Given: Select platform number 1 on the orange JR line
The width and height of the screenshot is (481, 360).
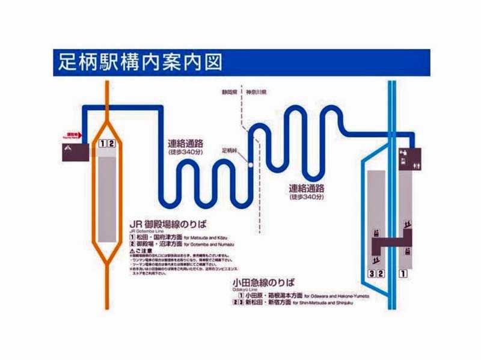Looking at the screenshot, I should click(x=103, y=143).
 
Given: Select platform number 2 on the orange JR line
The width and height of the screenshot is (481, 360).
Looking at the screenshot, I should click(x=111, y=143).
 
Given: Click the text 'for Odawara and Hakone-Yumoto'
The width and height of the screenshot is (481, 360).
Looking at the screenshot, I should click(x=337, y=296).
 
